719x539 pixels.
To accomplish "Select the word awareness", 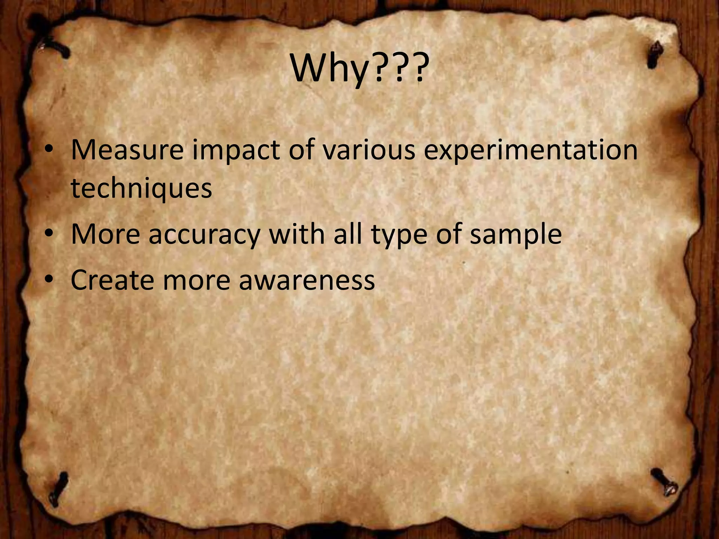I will point(307,280).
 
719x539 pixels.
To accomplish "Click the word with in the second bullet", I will point(297,234).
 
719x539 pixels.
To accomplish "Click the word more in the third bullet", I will point(196,280).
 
